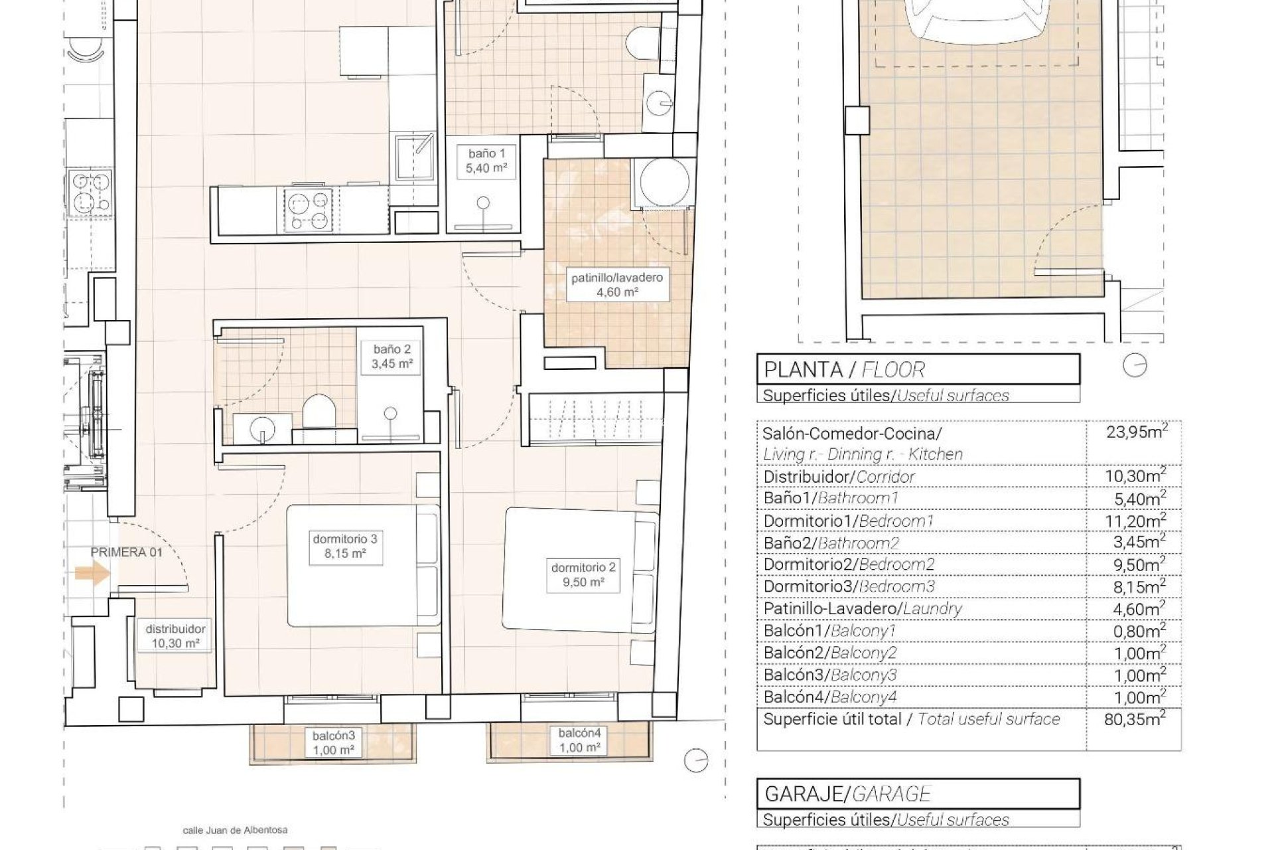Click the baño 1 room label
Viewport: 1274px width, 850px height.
point(486,161)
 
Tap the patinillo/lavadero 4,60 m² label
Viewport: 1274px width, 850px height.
point(616,284)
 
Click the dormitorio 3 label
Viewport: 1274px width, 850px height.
point(345,547)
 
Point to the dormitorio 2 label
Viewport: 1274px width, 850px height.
point(583,575)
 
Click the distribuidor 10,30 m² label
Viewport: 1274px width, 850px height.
point(175,636)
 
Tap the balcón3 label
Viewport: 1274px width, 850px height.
point(334,743)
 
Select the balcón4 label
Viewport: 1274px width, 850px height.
point(579,740)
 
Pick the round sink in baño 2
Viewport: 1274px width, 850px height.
point(263,429)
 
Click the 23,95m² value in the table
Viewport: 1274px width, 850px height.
point(1136,432)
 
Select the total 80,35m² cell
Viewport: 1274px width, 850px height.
point(1135,719)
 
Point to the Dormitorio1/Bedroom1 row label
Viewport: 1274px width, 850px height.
point(848,521)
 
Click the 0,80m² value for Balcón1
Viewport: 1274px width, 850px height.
point(1139,631)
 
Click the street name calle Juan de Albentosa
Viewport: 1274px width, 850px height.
point(235,830)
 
